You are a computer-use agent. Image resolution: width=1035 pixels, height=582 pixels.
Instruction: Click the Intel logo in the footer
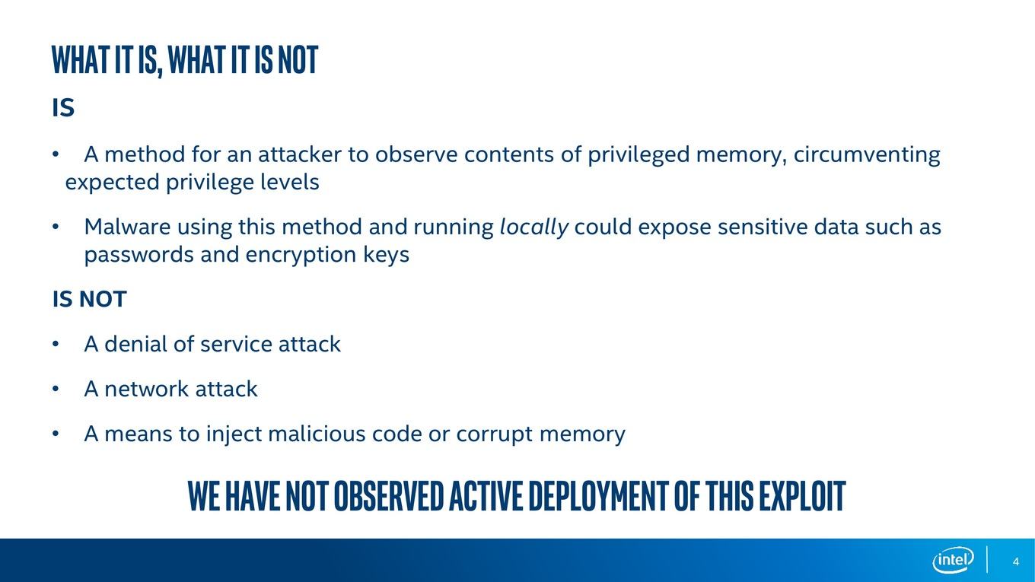point(953,560)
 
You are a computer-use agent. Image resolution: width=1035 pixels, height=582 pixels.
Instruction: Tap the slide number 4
point(1015,561)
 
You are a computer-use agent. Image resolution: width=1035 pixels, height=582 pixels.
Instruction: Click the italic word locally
point(534,227)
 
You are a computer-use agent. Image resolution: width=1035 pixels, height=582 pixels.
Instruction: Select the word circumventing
point(867,154)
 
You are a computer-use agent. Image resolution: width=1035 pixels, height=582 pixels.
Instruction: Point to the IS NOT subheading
point(89,299)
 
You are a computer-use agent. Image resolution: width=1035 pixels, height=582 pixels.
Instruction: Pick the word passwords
point(139,255)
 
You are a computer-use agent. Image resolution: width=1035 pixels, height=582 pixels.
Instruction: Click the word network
point(146,389)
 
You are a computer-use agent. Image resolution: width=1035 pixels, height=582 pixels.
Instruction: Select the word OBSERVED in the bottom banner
point(389,495)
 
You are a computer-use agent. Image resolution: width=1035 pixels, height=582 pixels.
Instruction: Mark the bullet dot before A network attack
point(56,389)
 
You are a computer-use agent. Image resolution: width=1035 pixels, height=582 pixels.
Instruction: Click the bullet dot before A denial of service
point(56,344)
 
